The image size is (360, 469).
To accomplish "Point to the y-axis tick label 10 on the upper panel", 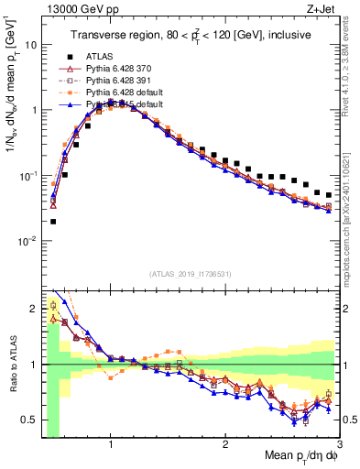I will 30,44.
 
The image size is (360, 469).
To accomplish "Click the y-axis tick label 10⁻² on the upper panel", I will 28,241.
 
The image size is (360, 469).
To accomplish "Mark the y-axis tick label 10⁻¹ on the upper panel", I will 28,175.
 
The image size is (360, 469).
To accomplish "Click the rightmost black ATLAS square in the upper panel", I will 329,194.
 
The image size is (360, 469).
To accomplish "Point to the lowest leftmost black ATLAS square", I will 53,221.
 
